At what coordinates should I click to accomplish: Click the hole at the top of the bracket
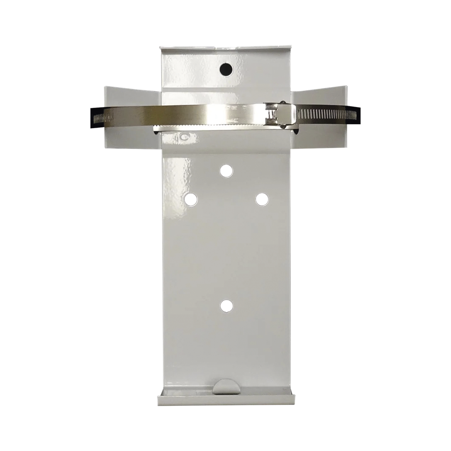226,68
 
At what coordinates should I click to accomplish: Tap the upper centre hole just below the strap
226,170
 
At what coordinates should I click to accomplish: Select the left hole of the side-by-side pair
191,200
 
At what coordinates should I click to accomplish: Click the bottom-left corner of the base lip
158,404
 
